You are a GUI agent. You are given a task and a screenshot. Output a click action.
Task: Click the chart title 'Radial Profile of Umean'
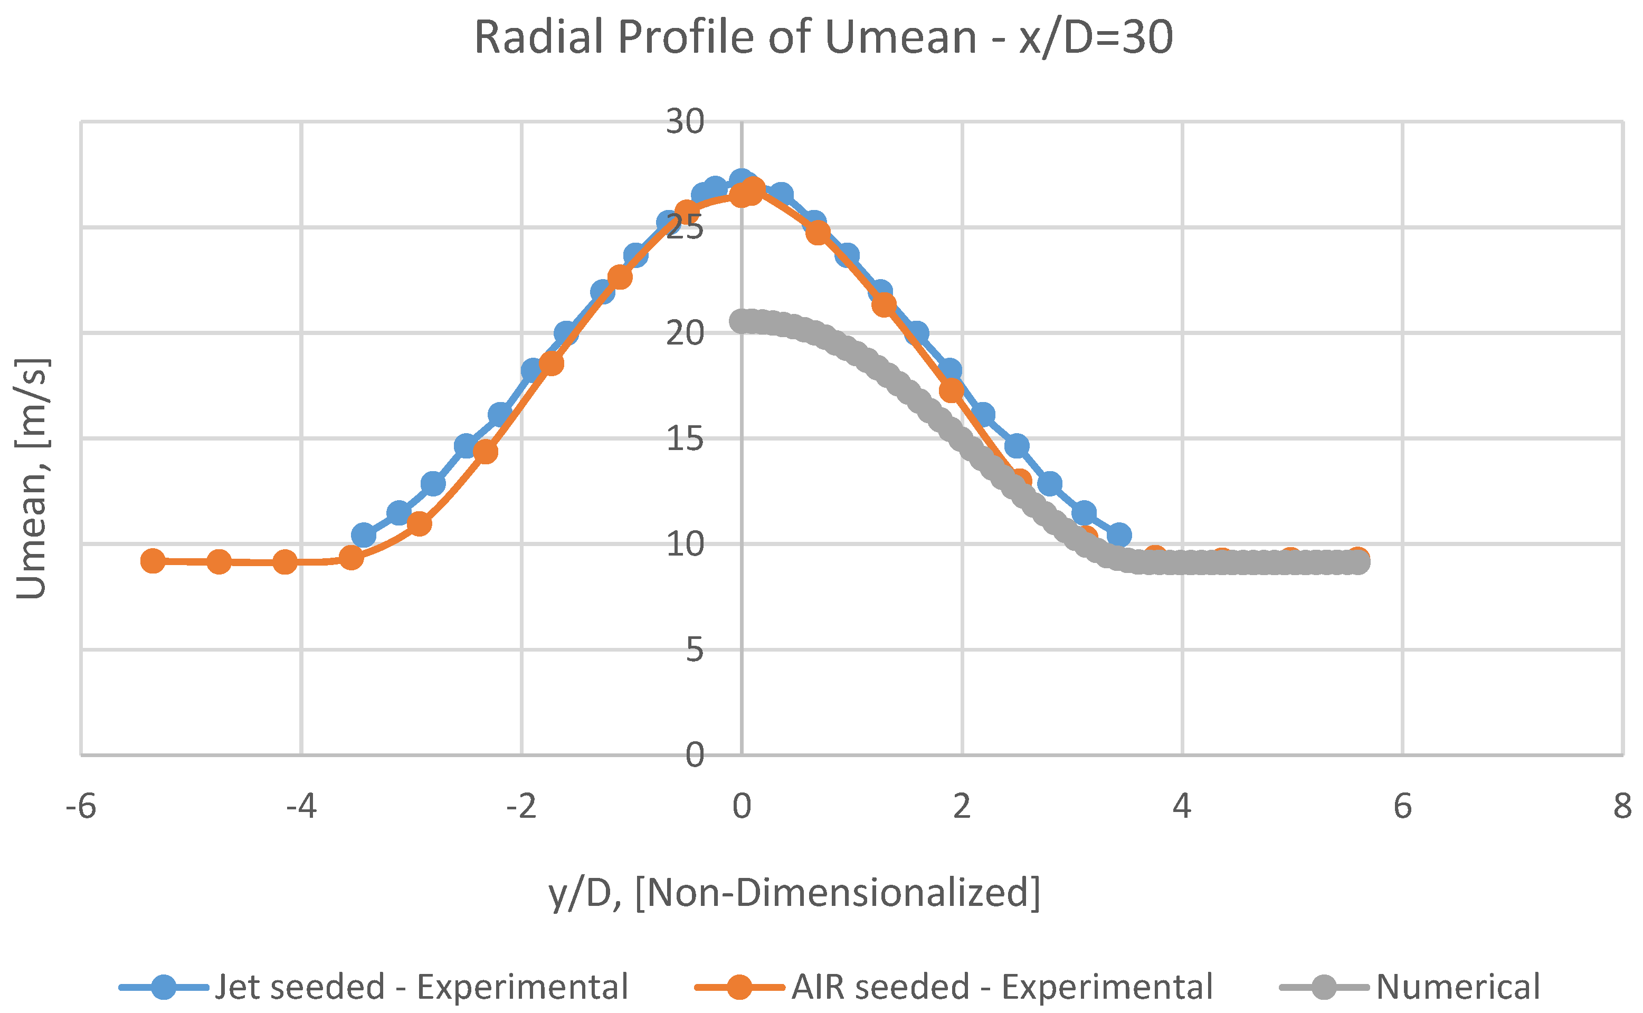pos(823,37)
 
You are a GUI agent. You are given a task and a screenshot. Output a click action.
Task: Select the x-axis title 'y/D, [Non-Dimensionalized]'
pos(794,893)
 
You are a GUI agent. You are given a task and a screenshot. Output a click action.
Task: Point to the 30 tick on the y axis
pos(684,122)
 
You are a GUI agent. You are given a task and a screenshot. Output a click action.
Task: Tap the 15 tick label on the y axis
pos(684,439)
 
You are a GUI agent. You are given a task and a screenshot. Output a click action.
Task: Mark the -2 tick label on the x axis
pos(521,806)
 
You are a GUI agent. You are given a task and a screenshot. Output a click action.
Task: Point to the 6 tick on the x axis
pos(1402,806)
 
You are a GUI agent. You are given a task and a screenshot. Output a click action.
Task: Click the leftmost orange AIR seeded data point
pos(154,561)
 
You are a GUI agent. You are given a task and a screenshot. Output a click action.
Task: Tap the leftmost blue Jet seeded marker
pos(363,536)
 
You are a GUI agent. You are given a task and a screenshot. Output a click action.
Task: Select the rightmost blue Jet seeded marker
pos(1119,536)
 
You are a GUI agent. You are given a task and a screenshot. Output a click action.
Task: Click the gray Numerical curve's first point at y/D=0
pos(741,322)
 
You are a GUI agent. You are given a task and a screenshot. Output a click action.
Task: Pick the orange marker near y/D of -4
pos(285,562)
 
